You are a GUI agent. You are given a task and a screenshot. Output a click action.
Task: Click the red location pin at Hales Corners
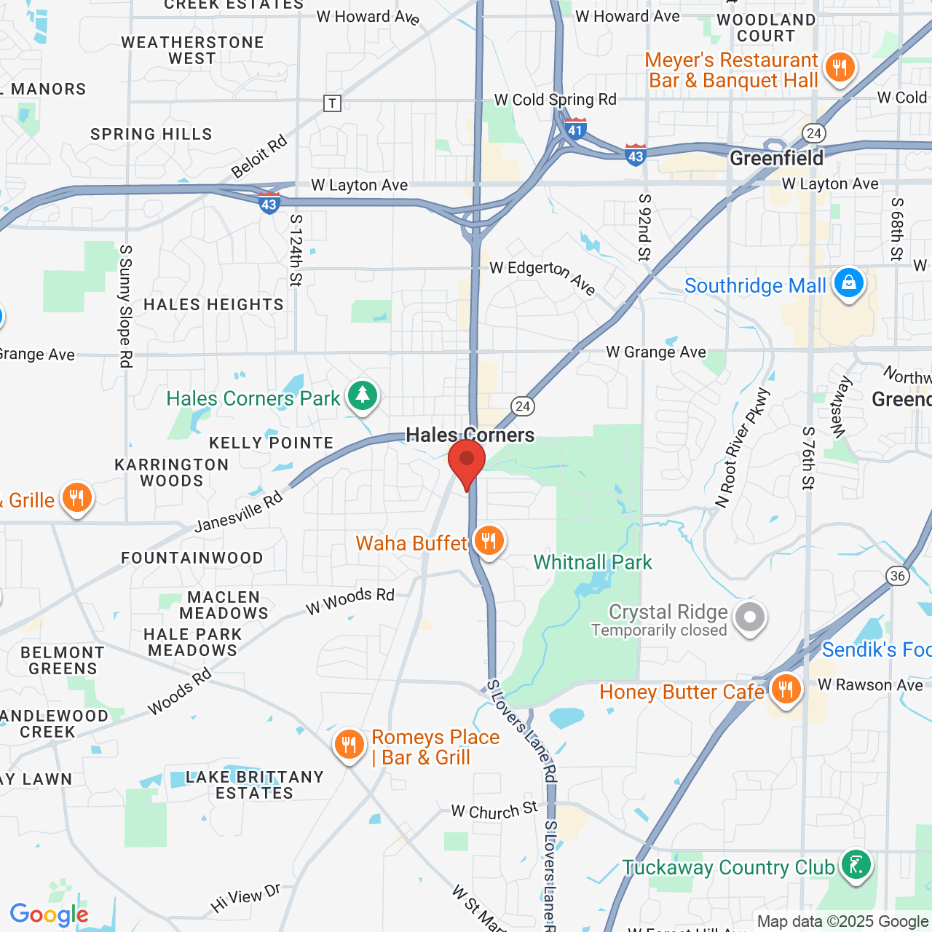coord(467,462)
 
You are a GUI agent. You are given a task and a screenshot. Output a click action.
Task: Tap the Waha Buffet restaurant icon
coord(489,541)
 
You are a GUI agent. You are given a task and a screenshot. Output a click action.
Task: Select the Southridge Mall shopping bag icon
coord(849,283)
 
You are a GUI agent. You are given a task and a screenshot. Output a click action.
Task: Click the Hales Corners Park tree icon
coord(363,395)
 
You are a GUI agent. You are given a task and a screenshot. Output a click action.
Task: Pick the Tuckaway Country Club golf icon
coord(856,864)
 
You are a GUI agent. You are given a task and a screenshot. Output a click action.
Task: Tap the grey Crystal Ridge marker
coord(749,617)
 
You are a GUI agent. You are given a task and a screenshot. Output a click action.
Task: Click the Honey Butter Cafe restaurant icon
coord(785,688)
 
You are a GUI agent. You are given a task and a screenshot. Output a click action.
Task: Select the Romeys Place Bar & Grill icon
coord(349,744)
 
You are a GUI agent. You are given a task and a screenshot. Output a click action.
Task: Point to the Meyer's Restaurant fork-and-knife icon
coord(840,68)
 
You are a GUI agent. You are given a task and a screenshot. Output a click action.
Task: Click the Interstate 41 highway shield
coord(576,129)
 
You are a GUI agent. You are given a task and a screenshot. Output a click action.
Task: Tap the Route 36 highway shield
coord(898,576)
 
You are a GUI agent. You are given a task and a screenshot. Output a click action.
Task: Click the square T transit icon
coord(332,103)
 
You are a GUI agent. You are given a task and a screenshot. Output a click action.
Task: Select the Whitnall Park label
coord(593,562)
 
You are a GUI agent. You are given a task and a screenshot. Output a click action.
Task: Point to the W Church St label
coord(494,810)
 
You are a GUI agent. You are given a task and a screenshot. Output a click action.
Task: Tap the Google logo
coord(50,915)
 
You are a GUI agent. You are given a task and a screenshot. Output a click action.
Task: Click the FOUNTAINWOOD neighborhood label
coord(192,558)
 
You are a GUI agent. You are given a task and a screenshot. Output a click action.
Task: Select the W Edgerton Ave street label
coord(543,276)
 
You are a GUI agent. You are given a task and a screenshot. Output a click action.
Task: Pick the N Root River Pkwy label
coord(743,449)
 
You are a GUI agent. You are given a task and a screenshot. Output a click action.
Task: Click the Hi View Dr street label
coord(245,899)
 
